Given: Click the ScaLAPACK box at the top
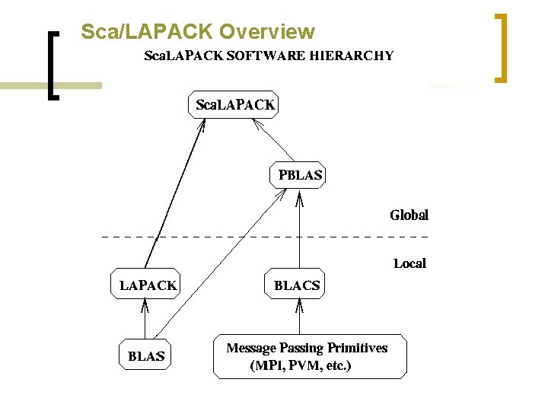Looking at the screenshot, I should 233,105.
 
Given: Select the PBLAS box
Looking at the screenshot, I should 300,175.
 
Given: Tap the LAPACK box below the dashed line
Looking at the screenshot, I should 148,285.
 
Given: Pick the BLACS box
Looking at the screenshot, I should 297,285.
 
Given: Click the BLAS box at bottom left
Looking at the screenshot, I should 146,355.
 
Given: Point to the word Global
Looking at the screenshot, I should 409,215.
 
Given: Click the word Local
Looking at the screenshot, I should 409,264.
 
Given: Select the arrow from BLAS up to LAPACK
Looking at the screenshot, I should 145,320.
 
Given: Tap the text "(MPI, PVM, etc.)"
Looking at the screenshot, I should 301,365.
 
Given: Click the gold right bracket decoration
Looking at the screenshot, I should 501,47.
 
